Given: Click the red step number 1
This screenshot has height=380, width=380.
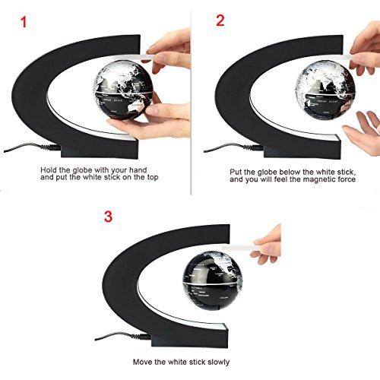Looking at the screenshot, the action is click(x=24, y=22).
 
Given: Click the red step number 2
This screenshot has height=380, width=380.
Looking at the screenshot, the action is click(x=220, y=21).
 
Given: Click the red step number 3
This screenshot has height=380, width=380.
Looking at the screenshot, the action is click(x=108, y=217).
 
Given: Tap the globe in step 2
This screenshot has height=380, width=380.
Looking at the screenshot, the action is click(x=325, y=90).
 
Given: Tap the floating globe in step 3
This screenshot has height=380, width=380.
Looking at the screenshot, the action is click(x=212, y=280).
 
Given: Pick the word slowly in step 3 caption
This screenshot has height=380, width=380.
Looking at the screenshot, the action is click(x=218, y=362).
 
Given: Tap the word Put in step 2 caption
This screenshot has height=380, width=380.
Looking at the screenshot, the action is click(x=236, y=172).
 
